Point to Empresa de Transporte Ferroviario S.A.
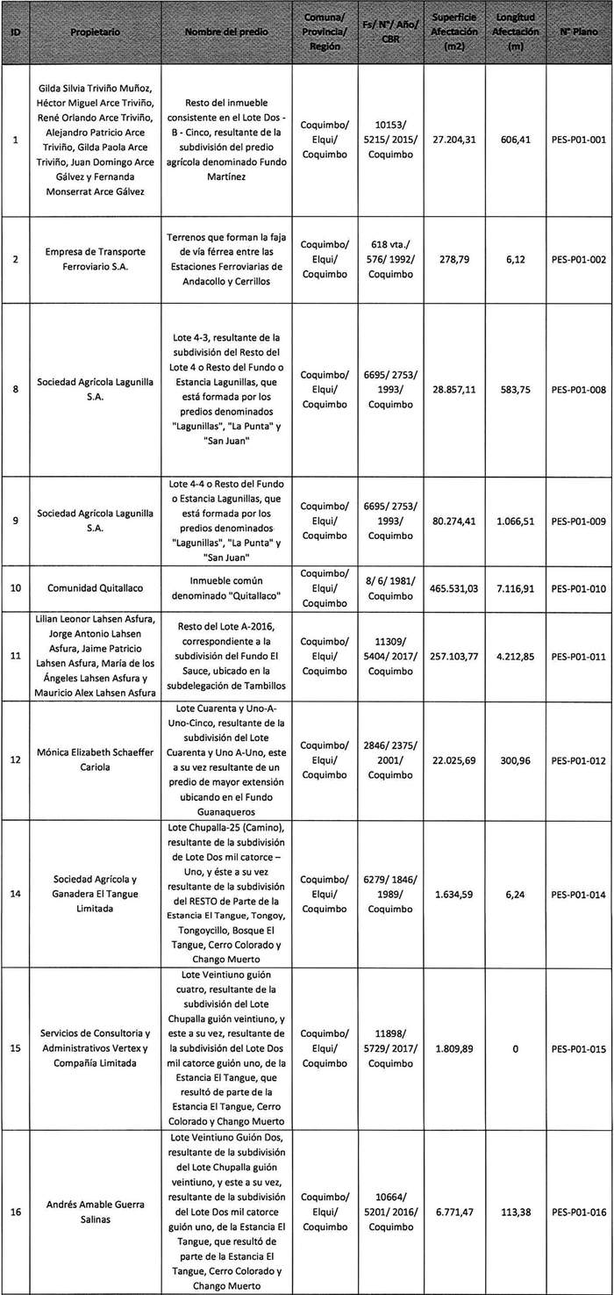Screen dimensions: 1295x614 (96, 260)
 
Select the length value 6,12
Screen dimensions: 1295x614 (518, 260)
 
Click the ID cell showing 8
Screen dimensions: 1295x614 (17, 390)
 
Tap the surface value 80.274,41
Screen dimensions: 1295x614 (453, 521)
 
